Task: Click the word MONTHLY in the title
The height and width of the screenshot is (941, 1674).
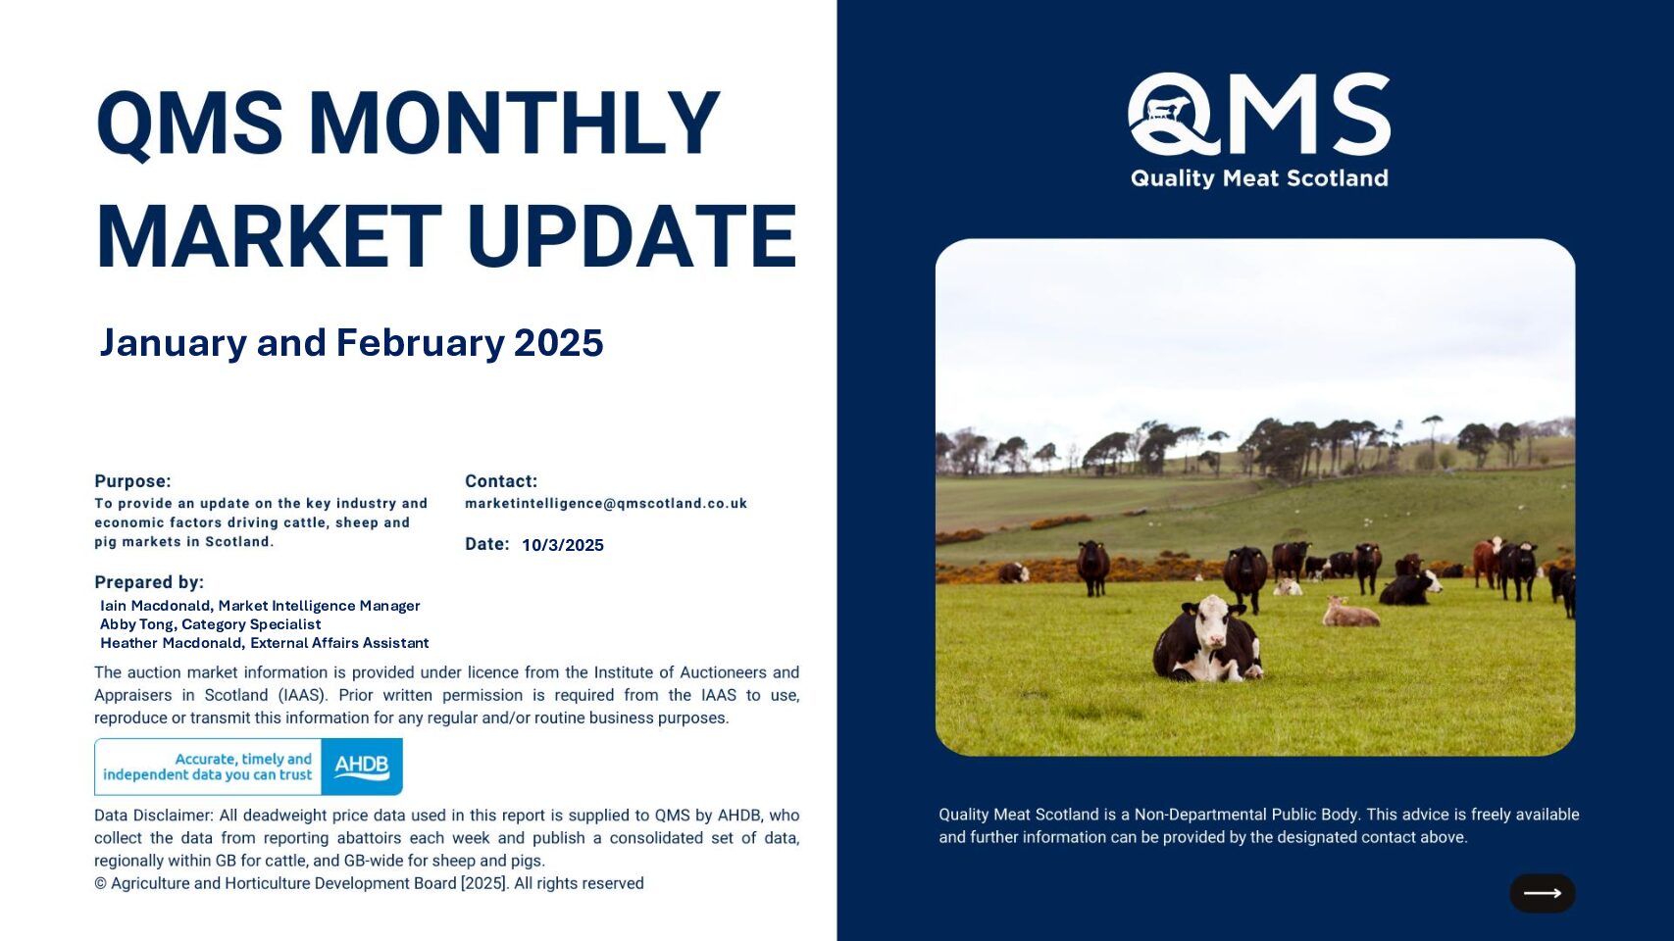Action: [x=514, y=123]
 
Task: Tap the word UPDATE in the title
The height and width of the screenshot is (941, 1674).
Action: [x=633, y=237]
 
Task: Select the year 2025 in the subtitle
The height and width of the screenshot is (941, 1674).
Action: [x=558, y=343]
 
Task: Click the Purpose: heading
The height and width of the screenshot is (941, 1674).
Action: [x=132, y=481]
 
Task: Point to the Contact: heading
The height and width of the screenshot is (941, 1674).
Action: [x=501, y=481]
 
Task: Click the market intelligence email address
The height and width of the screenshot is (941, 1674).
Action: [x=606, y=504]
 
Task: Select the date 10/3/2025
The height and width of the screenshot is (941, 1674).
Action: [x=563, y=545]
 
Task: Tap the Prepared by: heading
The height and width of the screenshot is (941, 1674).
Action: [x=149, y=582]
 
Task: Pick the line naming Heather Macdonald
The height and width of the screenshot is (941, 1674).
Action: [x=265, y=643]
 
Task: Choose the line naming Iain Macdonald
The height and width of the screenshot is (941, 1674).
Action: [x=260, y=606]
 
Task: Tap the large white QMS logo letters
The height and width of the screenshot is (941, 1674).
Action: [x=1259, y=114]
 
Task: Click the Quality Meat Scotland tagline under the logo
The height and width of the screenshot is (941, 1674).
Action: [x=1259, y=178]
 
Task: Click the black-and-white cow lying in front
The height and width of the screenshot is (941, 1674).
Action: [x=1206, y=640]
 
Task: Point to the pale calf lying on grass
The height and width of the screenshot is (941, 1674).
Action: [x=1349, y=613]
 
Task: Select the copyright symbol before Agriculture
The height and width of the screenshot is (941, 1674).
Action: [x=101, y=884]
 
